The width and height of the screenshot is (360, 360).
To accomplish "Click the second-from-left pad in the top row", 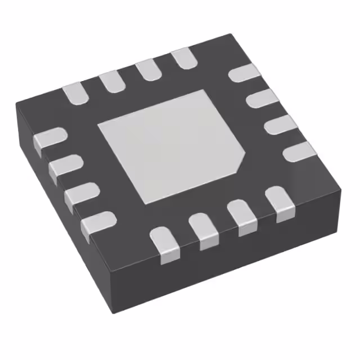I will [x=111, y=82].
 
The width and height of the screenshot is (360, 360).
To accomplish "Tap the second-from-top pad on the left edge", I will [x=65, y=168].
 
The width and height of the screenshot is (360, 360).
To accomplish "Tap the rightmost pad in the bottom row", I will [x=280, y=204].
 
